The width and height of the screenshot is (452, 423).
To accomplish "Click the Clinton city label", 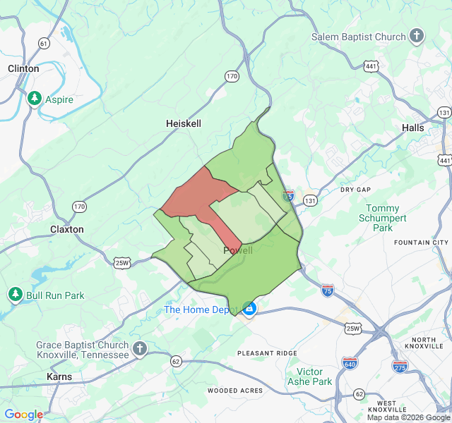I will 23,68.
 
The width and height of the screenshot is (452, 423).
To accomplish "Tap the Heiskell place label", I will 184,123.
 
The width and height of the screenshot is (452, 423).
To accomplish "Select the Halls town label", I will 412,128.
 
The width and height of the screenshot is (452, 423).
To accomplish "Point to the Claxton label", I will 67,229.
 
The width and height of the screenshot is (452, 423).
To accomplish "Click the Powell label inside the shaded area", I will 238,251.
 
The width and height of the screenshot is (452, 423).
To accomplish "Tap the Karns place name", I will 59,376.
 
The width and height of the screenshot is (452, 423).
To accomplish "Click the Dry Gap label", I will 355,190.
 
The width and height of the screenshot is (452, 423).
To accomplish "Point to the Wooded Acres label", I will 235,391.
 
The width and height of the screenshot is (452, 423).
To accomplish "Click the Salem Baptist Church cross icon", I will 417,36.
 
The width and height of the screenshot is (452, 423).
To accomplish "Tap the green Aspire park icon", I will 33,99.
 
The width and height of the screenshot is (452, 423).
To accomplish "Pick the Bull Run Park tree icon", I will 15,294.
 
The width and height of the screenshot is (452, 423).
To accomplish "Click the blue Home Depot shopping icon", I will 249,308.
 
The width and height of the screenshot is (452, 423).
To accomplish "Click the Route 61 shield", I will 44,44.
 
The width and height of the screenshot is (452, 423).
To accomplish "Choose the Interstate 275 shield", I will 400,367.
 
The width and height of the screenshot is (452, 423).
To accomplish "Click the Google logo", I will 24,415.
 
